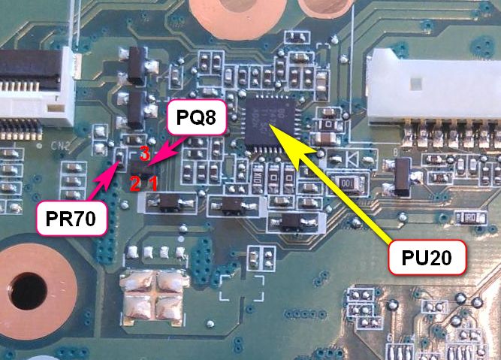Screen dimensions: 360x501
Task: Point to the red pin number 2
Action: pyautogui.click(x=134, y=183)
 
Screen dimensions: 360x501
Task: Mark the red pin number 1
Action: pyautogui.click(x=152, y=183)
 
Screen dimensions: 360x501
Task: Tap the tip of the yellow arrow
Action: pyautogui.click(x=270, y=126)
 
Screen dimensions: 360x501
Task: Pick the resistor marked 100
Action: pyautogui.click(x=347, y=183)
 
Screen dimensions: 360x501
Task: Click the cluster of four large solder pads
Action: pyautogui.click(x=153, y=292)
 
